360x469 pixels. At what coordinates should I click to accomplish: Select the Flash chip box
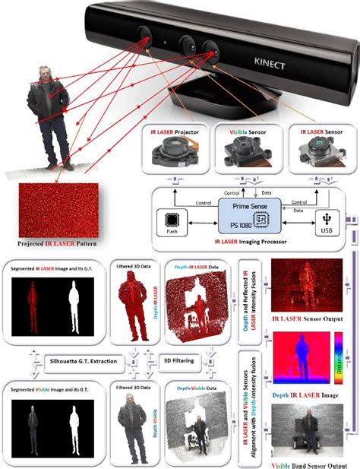pos(171,220)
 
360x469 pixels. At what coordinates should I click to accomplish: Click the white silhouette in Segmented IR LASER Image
pos(74,303)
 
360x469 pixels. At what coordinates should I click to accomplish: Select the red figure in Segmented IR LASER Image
pos(33,303)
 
